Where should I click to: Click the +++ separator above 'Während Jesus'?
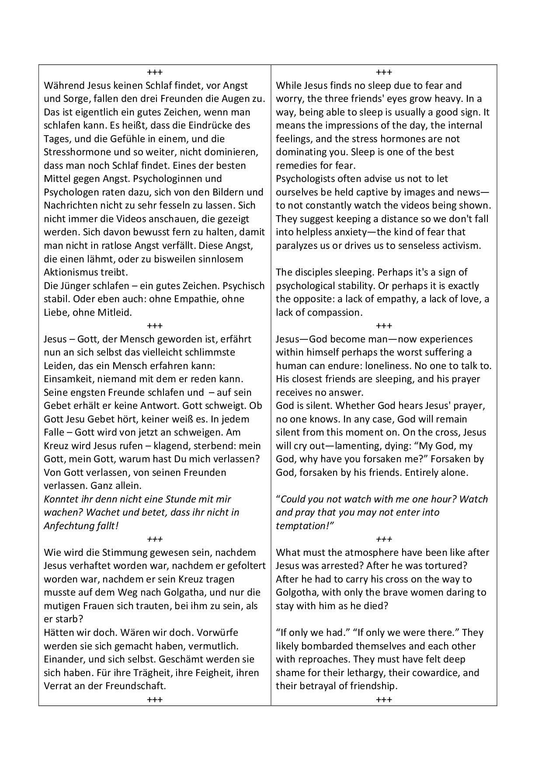click(x=155, y=72)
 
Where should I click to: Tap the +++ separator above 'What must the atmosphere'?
click(x=384, y=539)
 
